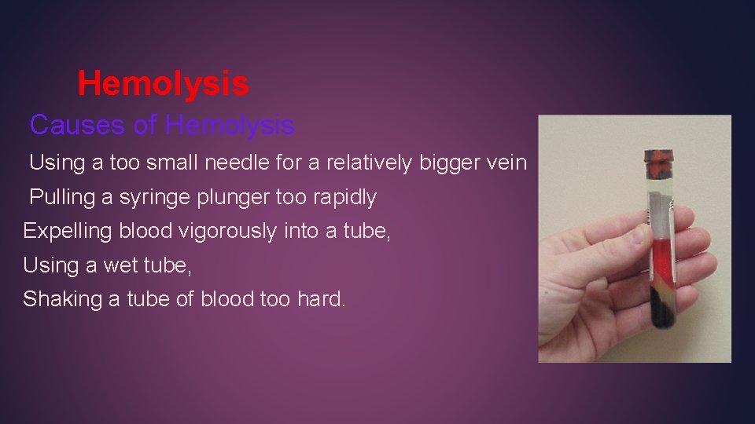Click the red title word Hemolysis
[x=163, y=83]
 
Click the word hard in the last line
[x=320, y=299]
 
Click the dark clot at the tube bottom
[x=661, y=311]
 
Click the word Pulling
[x=61, y=197]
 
